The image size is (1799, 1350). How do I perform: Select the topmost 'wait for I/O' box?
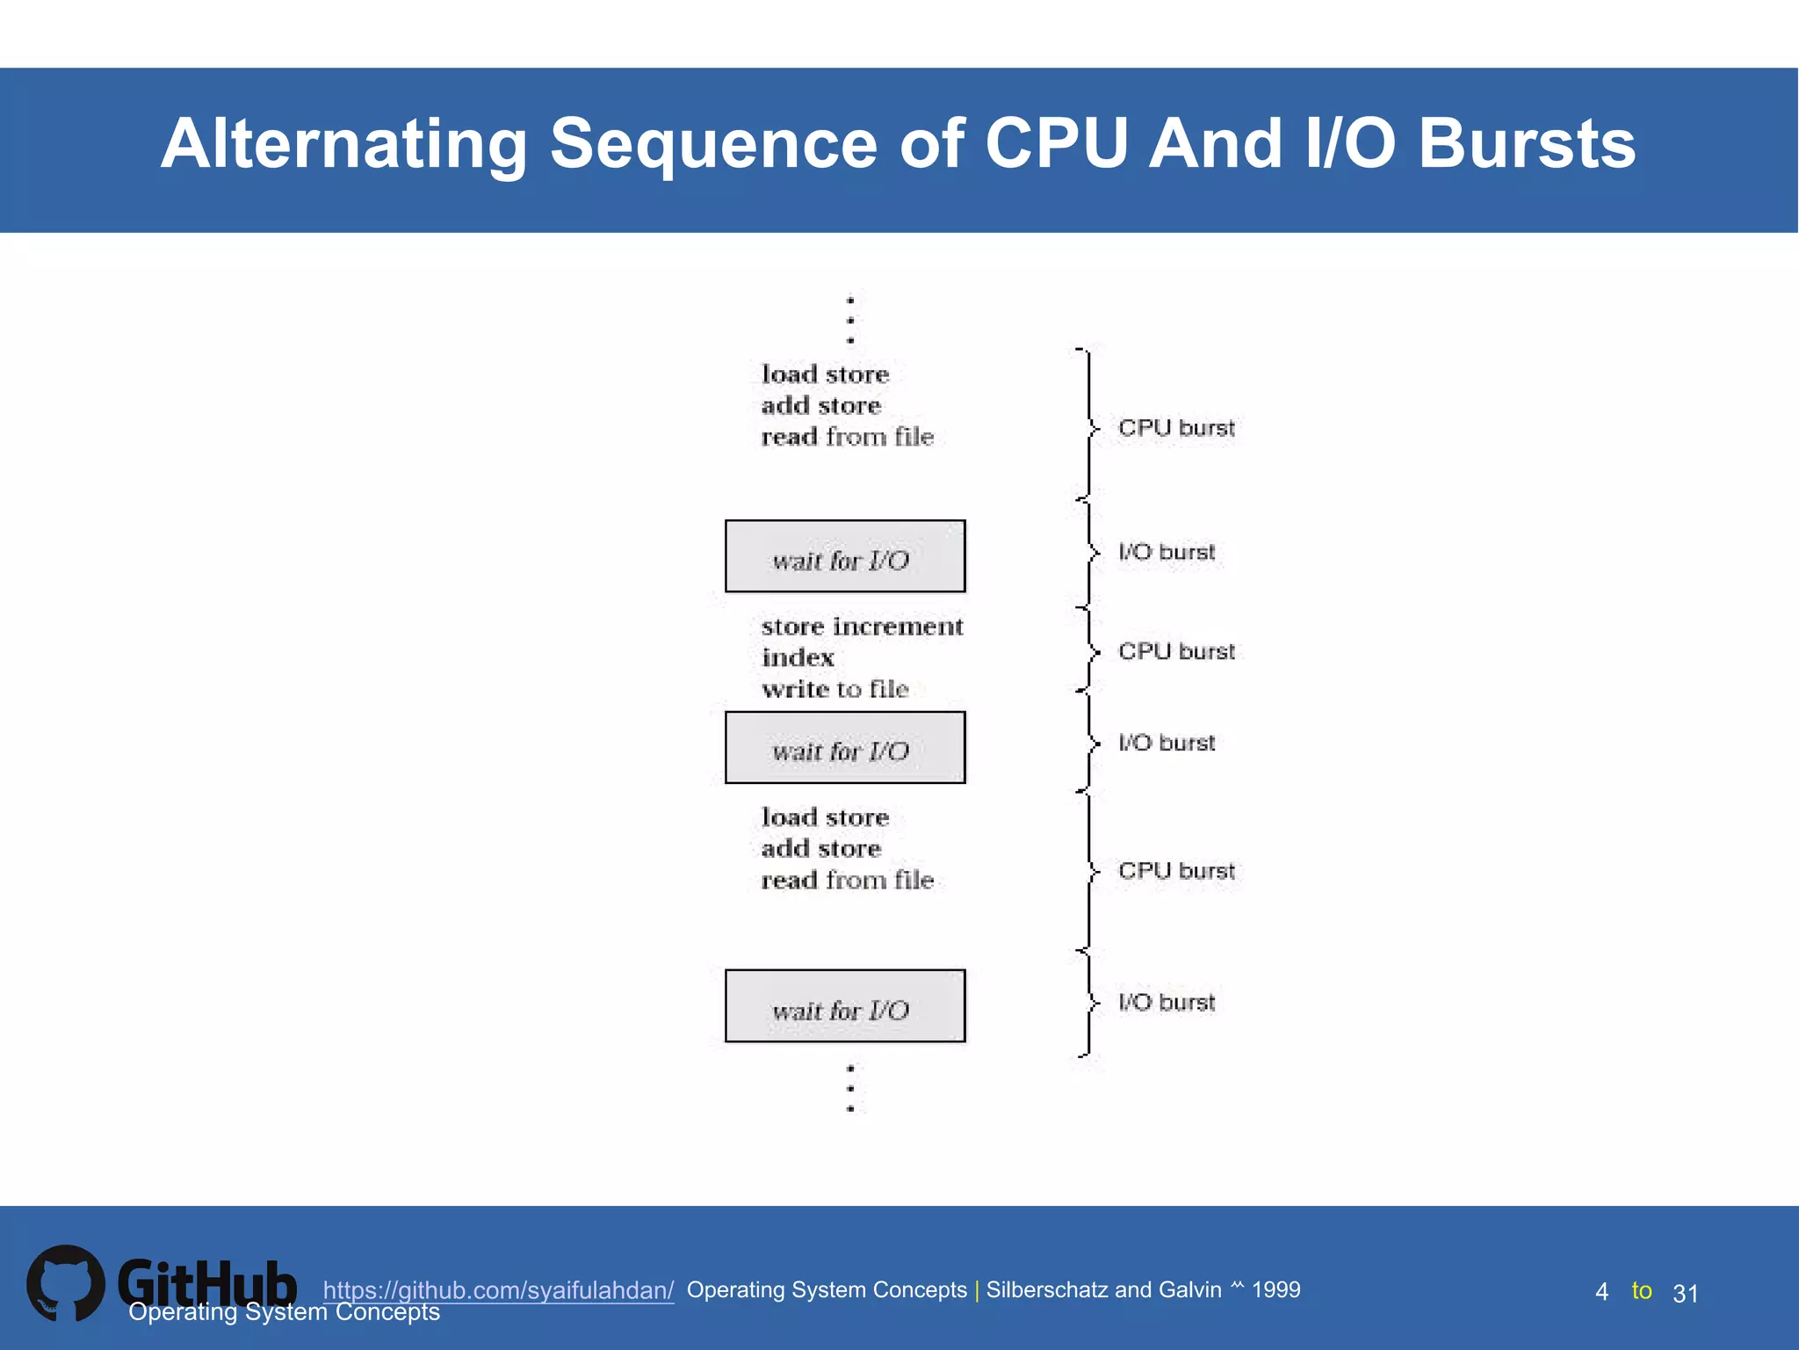coord(844,556)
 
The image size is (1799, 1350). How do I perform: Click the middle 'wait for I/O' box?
coord(844,748)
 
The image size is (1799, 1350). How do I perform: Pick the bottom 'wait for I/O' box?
coord(844,1006)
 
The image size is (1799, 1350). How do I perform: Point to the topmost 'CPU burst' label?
coord(1176,428)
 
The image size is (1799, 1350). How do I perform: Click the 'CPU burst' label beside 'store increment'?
coord(1176,651)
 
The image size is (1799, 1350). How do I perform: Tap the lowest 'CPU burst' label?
coord(1176,871)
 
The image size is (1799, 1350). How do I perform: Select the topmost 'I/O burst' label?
coord(1167,552)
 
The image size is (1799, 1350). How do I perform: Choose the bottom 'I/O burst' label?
coord(1167,1002)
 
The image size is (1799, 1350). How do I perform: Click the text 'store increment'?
coord(862,627)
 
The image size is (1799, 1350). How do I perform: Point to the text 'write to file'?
coord(834,689)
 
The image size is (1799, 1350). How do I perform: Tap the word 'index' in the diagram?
coord(798,657)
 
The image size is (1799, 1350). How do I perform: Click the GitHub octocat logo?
coord(66,1283)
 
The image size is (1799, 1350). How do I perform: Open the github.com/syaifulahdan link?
coord(498,1290)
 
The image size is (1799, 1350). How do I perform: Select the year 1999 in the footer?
coord(1275,1289)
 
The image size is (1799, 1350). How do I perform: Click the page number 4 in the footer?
coord(1601,1292)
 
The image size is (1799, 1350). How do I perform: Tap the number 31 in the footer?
coord(1685,1294)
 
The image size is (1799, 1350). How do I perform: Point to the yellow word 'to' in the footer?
coord(1641,1290)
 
